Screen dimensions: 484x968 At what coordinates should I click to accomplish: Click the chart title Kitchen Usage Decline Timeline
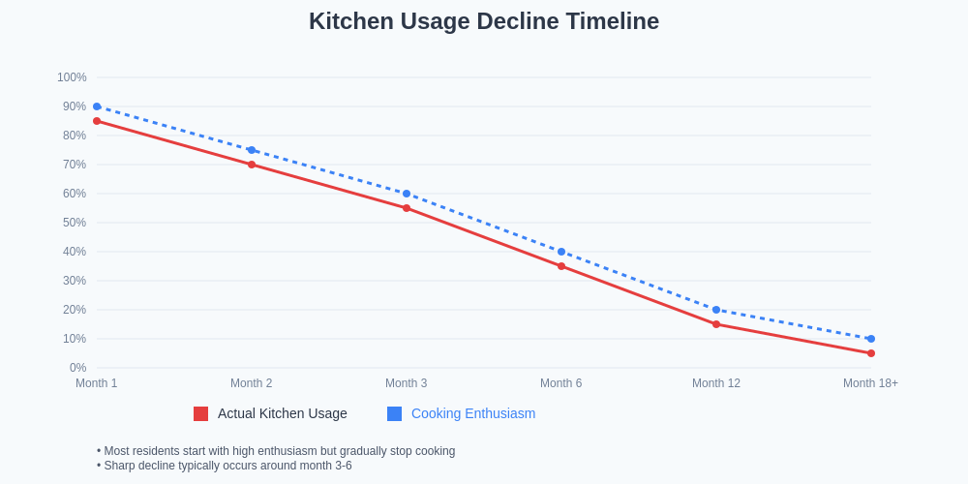[x=484, y=21]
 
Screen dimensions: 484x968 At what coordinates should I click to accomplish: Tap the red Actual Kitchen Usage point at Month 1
[x=97, y=121]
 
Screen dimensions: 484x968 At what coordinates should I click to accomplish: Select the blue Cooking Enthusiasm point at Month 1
[x=97, y=106]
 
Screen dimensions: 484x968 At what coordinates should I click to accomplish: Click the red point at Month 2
[x=252, y=165]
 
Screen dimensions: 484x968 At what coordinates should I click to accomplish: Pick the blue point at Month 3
[x=407, y=194]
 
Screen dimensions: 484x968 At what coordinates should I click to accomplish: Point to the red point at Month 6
[x=561, y=266]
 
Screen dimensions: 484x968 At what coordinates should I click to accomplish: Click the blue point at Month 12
[x=716, y=310]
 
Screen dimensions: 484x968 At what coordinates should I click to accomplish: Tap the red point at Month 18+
[x=871, y=353]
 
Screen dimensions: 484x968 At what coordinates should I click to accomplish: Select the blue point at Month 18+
[x=871, y=339]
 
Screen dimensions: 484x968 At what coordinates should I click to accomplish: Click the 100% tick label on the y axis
[x=72, y=77]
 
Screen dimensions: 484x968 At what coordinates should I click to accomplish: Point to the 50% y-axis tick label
[x=75, y=223]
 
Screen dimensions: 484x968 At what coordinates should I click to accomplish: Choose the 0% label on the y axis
[x=77, y=368]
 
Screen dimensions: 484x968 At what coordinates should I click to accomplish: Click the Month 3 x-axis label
[x=407, y=383]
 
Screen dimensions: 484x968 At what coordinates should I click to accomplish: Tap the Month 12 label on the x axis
[x=716, y=383]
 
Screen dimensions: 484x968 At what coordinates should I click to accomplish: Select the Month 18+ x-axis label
[x=870, y=383]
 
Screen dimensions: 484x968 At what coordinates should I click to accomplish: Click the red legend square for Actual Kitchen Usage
[x=201, y=414]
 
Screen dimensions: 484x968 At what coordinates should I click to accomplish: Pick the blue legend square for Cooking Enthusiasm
[x=395, y=414]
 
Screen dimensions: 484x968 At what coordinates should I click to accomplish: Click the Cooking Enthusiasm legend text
[x=473, y=413]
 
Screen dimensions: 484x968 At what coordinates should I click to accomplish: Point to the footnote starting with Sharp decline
[x=225, y=466]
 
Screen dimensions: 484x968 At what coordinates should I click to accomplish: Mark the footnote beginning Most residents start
[x=276, y=451]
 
